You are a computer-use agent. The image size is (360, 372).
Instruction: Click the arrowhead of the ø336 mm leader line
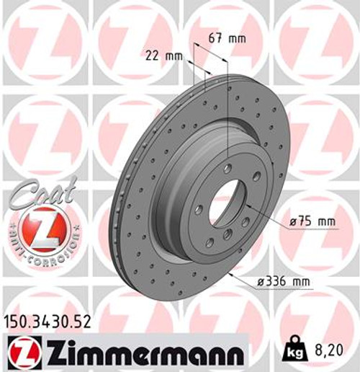(x=230, y=275)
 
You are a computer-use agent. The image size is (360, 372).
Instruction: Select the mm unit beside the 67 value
(x=237, y=38)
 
